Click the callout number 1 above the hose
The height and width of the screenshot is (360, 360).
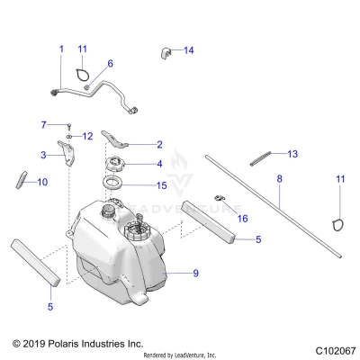coord(61,49)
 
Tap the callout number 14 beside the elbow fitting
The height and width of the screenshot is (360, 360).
coord(188,50)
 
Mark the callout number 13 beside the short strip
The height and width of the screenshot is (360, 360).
coord(292,154)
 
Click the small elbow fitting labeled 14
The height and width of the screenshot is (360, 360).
coord(166,51)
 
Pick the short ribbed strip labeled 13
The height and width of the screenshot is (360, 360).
coord(259,157)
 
